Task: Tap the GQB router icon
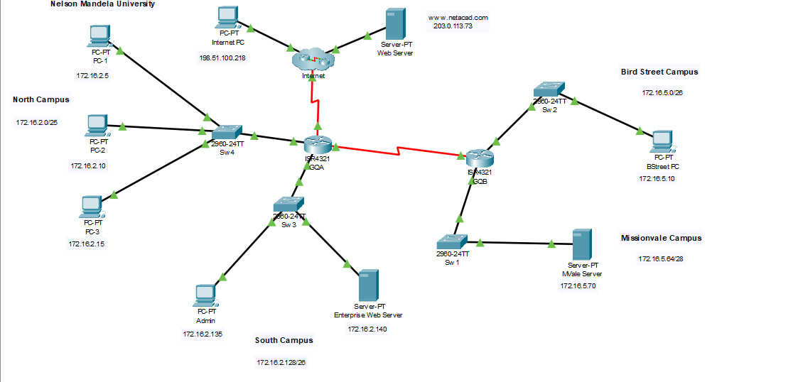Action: (x=480, y=158)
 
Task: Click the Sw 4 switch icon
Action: (x=227, y=132)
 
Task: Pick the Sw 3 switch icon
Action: (x=289, y=204)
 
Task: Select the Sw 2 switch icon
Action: (x=549, y=89)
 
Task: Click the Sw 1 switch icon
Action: (x=453, y=241)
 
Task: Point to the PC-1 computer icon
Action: (x=99, y=35)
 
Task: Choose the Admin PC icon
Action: (x=205, y=295)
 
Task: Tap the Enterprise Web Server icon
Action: (x=368, y=285)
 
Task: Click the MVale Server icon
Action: (x=583, y=244)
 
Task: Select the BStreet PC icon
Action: (x=662, y=141)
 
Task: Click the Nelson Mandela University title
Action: (x=103, y=4)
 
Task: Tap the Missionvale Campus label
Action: (x=661, y=239)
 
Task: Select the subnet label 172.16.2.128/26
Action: (x=281, y=363)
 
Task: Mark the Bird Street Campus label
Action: (x=659, y=72)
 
